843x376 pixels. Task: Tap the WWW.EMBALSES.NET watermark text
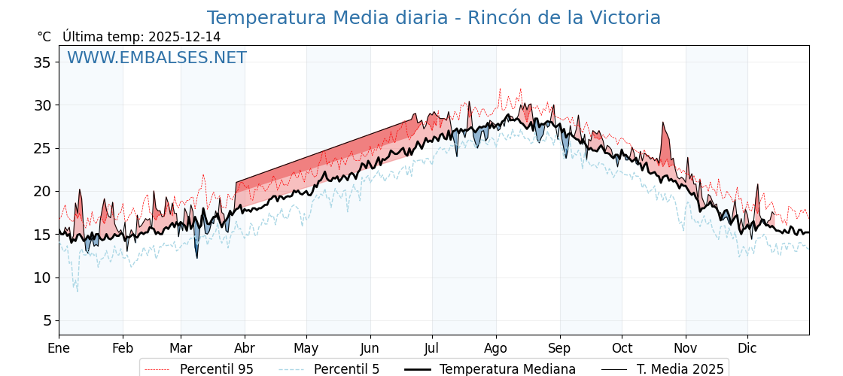pos(157,58)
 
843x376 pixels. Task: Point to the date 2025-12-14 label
pos(184,37)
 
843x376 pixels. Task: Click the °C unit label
pos(44,37)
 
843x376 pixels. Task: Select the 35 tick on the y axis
pos(42,62)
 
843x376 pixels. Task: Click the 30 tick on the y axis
pos(42,105)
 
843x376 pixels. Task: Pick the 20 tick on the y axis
pos(42,192)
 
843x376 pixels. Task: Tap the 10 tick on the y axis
pos(42,277)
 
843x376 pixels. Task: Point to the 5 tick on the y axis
pos(47,321)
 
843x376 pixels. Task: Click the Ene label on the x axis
pos(59,348)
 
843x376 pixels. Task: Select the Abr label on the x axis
pos(244,348)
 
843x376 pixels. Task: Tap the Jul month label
pos(432,348)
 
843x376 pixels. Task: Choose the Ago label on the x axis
pos(496,348)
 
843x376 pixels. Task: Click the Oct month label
pos(622,348)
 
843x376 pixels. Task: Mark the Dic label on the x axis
pos(747,348)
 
